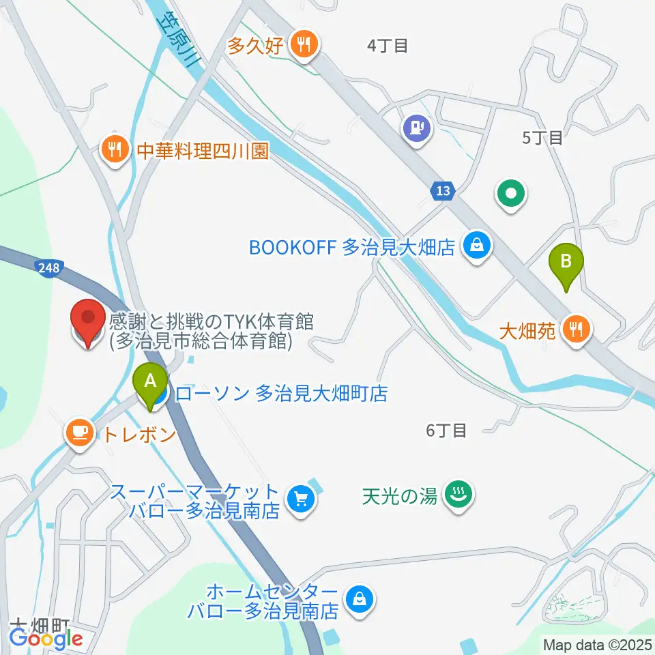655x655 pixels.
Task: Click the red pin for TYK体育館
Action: (x=89, y=322)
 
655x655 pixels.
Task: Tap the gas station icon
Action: (x=418, y=129)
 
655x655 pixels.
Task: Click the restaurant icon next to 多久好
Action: (x=302, y=46)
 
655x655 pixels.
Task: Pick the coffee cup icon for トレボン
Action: (x=79, y=432)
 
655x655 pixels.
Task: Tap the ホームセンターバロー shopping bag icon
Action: (x=358, y=600)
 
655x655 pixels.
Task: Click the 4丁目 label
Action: (x=387, y=46)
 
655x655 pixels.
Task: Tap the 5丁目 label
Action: (x=542, y=137)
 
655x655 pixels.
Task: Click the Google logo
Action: (x=46, y=639)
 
